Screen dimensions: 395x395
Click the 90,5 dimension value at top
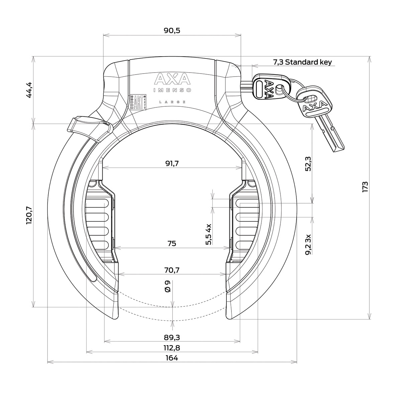[172, 30]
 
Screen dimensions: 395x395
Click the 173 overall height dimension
[365, 187]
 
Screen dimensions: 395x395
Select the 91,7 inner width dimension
[172, 164]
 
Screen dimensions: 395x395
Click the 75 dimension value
[172, 243]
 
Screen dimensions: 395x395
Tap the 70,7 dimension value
[172, 270]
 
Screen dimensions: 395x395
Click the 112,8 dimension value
[172, 348]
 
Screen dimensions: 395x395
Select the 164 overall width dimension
[172, 358]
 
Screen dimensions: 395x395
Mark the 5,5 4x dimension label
[209, 235]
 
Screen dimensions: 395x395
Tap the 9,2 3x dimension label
[308, 244]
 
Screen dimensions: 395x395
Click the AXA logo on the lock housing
[172, 80]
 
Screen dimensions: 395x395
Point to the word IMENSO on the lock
[172, 90]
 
